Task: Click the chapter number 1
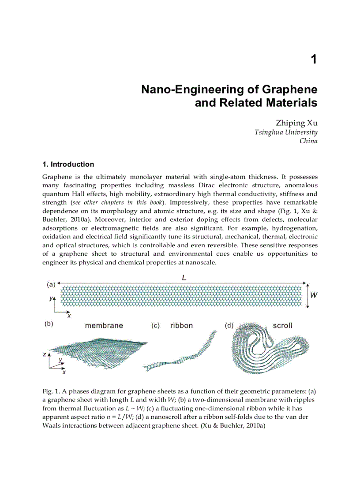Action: [x=313, y=60]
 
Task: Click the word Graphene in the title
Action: [x=290, y=89]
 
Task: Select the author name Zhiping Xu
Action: [x=296, y=123]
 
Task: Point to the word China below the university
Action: [x=308, y=141]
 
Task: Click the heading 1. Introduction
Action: [x=68, y=164]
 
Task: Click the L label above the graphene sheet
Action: [x=184, y=278]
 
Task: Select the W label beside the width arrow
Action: [x=314, y=296]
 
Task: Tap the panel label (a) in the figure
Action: [x=51, y=285]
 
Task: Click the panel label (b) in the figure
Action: [x=49, y=324]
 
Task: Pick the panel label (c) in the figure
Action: [x=155, y=326]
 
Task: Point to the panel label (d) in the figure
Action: [x=229, y=326]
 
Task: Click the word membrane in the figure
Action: [x=104, y=326]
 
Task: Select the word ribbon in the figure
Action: [x=181, y=326]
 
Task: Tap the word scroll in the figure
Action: [x=282, y=326]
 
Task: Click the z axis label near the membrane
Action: [x=44, y=354]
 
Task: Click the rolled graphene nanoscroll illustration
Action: [x=265, y=350]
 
